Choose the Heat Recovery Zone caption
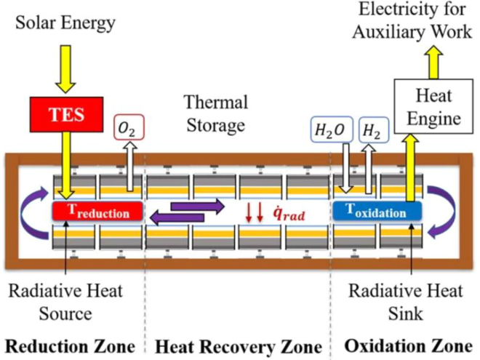(x=240, y=344)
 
